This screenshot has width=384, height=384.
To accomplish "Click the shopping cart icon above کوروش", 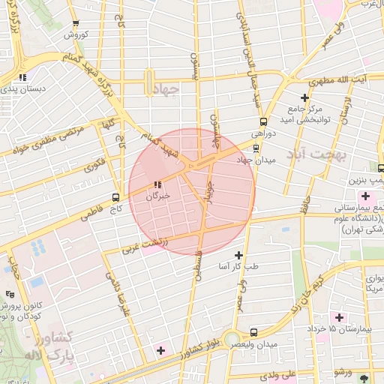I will point(76,24).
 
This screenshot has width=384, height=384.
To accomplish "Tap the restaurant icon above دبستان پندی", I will point(23,76).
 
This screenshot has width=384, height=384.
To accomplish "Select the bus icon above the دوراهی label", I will point(263,121).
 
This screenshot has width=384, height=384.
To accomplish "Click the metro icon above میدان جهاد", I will point(256,147).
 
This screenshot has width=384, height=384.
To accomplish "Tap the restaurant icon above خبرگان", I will point(157,184).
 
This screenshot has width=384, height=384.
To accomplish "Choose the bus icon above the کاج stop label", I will point(115,196).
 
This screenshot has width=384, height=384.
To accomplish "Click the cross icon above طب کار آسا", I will point(238,255).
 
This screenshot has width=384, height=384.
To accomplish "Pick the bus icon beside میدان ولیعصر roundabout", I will point(253,331).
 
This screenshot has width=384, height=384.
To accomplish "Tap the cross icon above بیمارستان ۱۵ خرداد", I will point(339,317).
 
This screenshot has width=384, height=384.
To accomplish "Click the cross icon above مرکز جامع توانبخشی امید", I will point(304,97).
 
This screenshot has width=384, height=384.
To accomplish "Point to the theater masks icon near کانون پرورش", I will point(9,294).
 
